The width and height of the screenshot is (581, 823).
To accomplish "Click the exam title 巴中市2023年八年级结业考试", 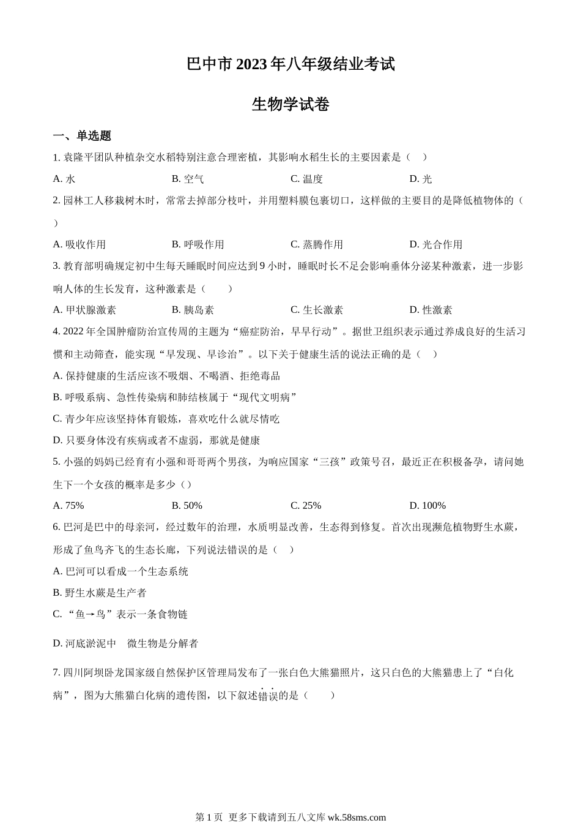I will coord(290,64).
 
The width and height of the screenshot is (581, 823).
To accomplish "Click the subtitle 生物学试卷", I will coord(290,105).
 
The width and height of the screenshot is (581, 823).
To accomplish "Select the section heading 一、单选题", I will coord(82,136).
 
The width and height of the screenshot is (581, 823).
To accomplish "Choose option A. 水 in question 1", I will coord(64,179).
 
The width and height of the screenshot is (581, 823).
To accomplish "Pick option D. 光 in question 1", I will coord(421,179).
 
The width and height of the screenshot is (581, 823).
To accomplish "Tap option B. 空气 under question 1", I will coord(188,179).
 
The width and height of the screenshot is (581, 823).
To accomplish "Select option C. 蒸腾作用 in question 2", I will coord(317,244).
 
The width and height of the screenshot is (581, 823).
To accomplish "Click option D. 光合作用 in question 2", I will coord(436,244).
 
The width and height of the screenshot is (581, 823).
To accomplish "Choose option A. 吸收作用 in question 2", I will coord(80,244).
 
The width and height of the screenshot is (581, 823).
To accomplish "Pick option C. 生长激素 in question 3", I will coord(317,310).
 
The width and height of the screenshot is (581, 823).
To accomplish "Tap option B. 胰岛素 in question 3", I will coord(193,310).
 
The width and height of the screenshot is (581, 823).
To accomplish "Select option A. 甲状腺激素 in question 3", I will coord(84,310).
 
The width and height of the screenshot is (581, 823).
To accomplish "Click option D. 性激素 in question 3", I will coord(431,310).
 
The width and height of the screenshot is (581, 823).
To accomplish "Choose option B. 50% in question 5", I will coord(187,506).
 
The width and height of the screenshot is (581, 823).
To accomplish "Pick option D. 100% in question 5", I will coord(427,506).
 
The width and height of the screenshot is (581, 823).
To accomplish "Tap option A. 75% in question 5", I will coord(68,506).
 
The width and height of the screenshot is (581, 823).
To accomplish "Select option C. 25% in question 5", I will coord(306,506).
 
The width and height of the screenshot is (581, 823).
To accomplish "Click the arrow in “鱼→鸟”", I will coord(90,614).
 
